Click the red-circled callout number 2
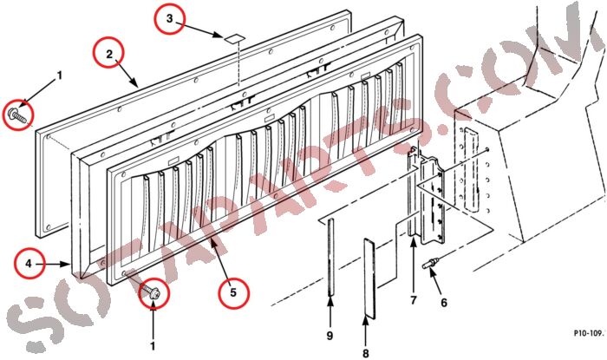(x=108, y=56)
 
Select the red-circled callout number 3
(x=169, y=19)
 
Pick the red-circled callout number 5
(x=233, y=292)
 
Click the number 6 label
(x=444, y=303)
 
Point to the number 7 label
(x=414, y=299)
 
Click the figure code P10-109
(x=588, y=332)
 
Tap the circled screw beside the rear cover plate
(x=16, y=114)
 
